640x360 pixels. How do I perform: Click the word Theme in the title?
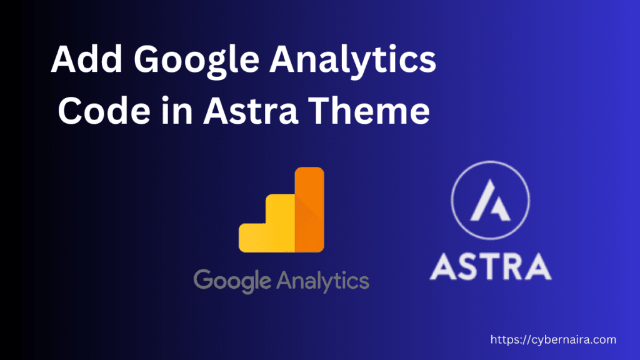click(376, 113)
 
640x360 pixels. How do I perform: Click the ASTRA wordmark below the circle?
click(491, 265)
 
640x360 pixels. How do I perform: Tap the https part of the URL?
click(504, 340)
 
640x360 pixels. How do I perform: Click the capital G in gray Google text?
click(204, 279)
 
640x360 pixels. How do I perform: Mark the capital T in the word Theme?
click(332, 113)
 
